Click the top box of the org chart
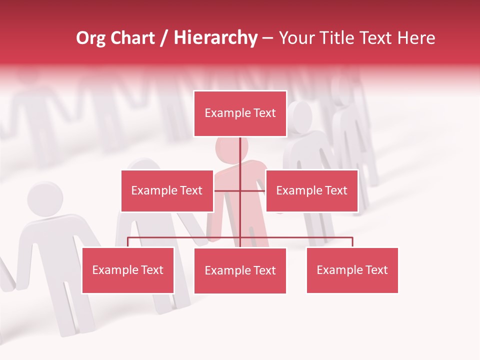[x=240, y=113]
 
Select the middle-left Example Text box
[x=167, y=190]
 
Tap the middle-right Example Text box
[x=311, y=190]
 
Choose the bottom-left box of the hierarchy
[x=128, y=270]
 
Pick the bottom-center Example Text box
[x=240, y=270]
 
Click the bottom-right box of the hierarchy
[x=352, y=270]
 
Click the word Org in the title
[x=90, y=38]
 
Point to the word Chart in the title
[x=132, y=38]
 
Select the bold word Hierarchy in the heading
[x=215, y=38]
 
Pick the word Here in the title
[x=416, y=38]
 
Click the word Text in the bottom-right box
[x=376, y=270]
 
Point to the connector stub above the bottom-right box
[x=352, y=242]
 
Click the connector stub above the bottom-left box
[x=128, y=242]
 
